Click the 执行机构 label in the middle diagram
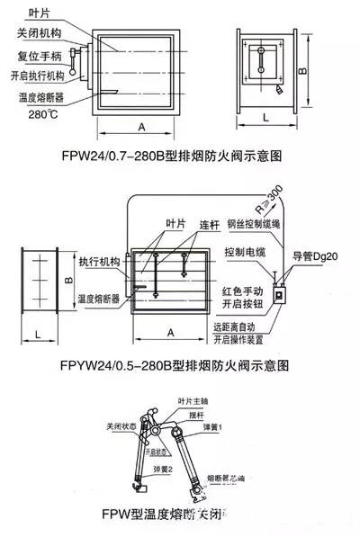99,261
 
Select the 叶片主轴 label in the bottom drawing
193,401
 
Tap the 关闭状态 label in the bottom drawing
121,426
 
